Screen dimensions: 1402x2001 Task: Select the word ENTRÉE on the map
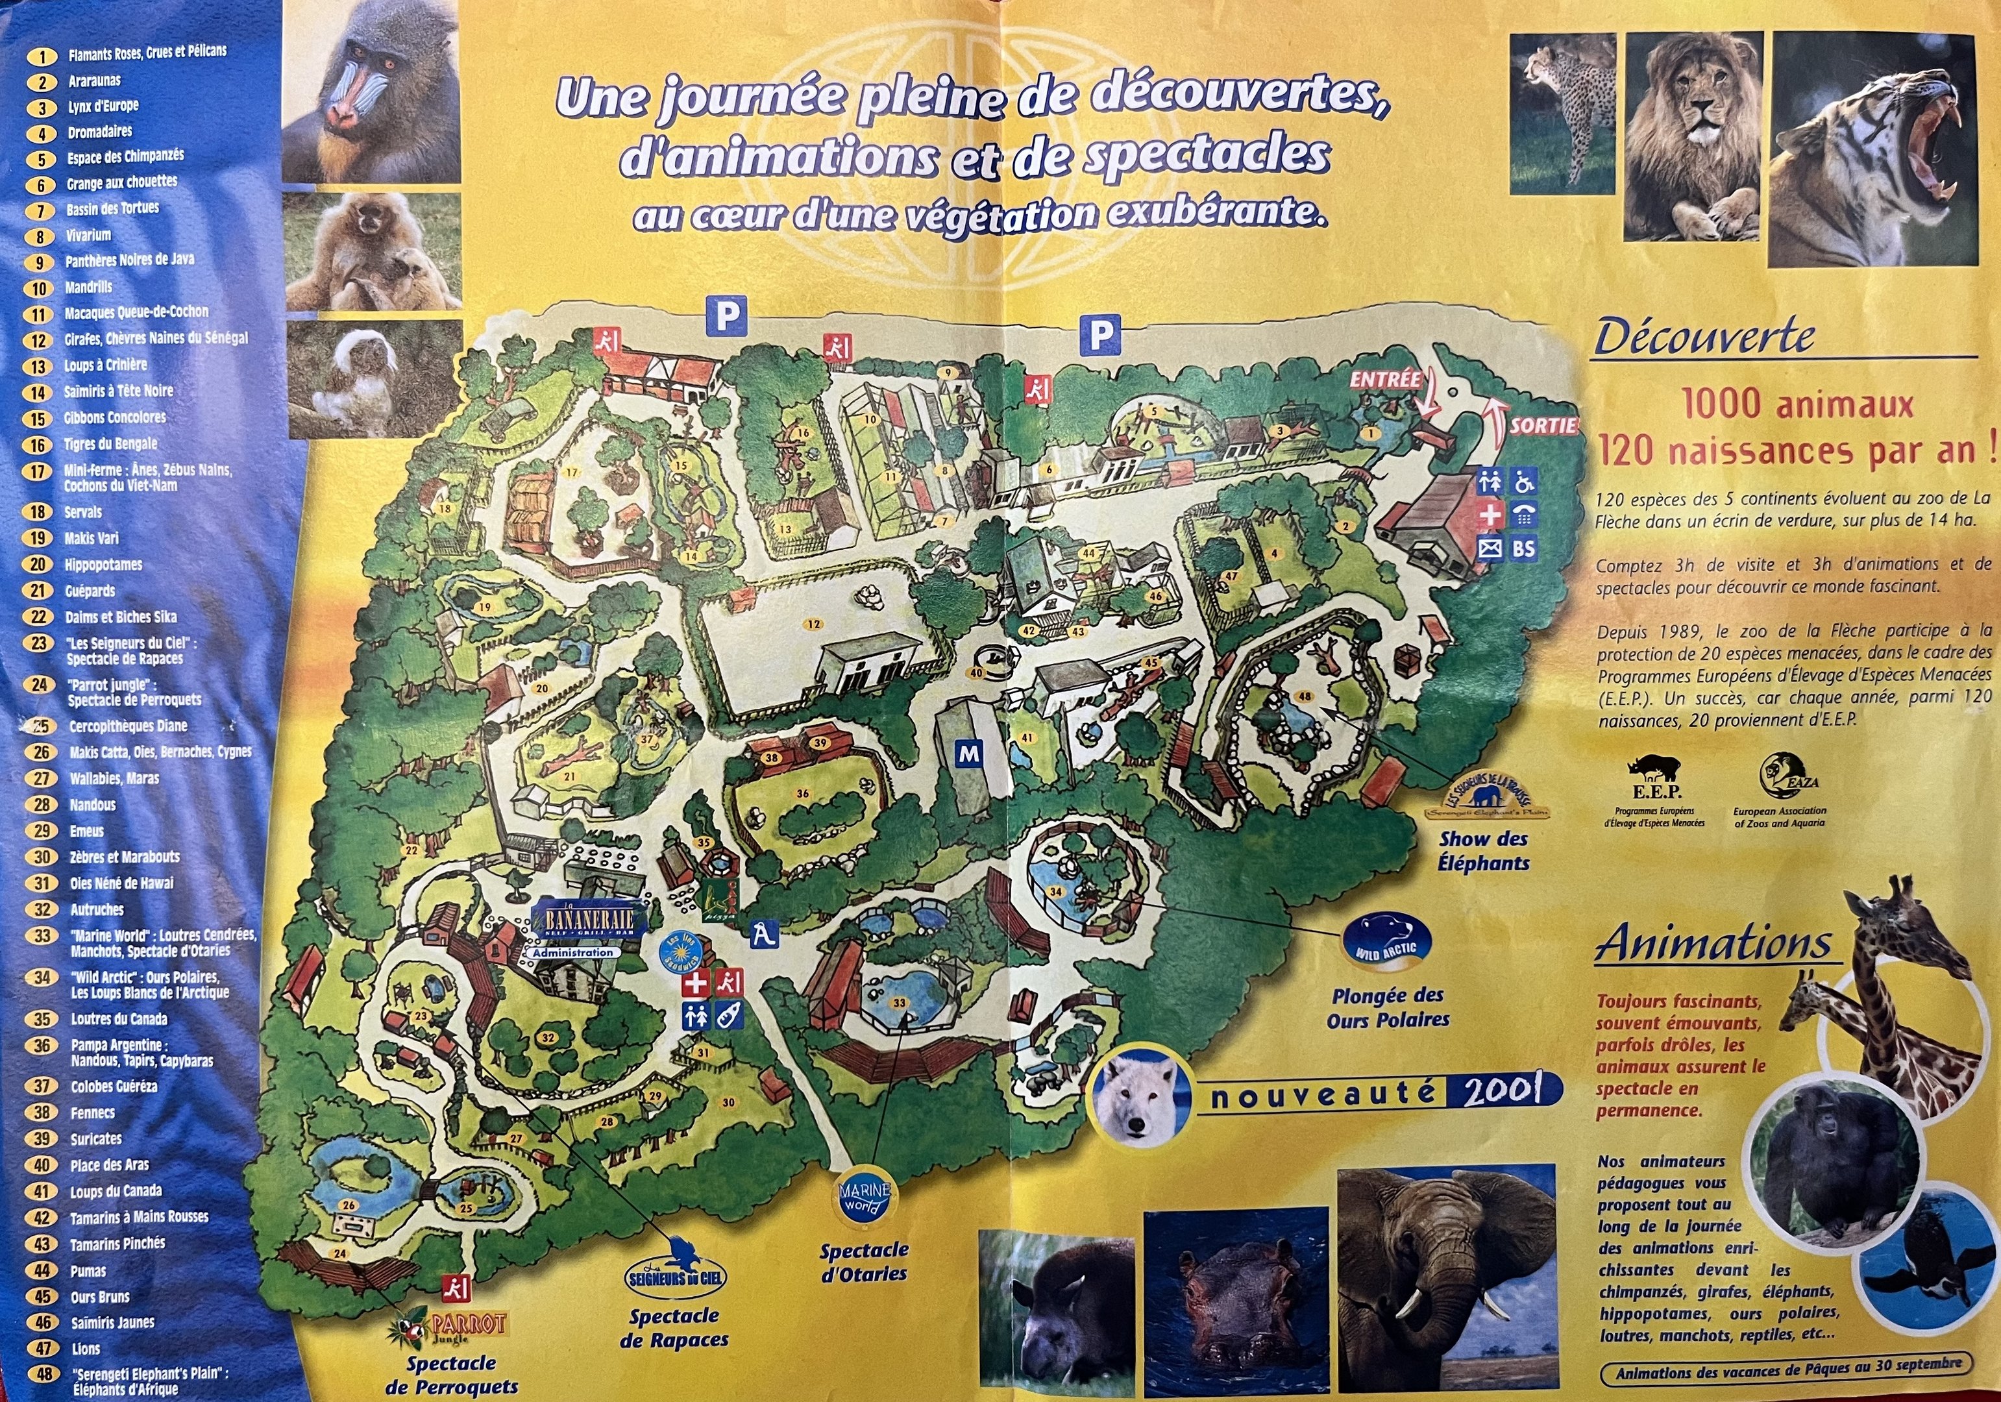[x=1385, y=380]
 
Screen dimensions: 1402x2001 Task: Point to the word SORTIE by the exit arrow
[x=1543, y=426]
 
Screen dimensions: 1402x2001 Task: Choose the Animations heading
[x=1713, y=944]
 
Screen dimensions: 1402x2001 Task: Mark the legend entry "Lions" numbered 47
[x=86, y=1349]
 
